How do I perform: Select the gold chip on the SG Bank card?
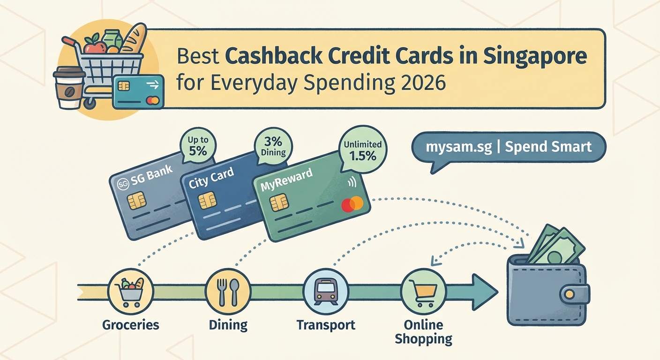coord(136,201)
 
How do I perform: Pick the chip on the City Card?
coord(207,201)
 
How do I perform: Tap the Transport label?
coord(326,324)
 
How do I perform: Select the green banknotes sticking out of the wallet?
coord(558,246)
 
